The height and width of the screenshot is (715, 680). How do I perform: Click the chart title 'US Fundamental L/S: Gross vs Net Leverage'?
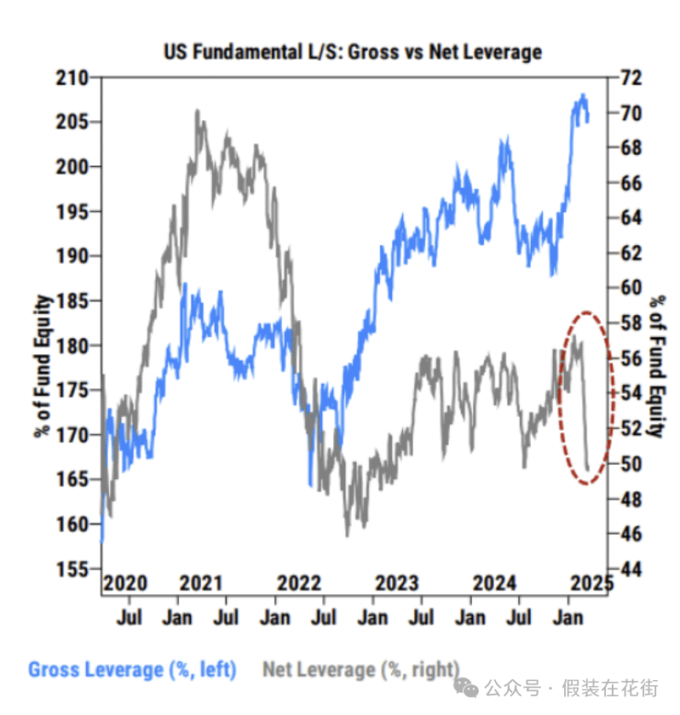[x=352, y=52]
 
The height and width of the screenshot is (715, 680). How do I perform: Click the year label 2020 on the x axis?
[x=124, y=584]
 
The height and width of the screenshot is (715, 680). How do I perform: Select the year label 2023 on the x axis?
[x=396, y=584]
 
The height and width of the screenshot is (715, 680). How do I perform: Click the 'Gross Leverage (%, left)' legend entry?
[x=132, y=669]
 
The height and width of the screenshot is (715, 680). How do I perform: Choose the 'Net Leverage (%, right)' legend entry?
[x=360, y=669]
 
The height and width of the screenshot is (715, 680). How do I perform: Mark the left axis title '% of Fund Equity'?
[x=42, y=366]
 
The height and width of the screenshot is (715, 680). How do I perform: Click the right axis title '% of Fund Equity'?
[x=655, y=366]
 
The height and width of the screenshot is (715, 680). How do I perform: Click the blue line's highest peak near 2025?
[x=583, y=95]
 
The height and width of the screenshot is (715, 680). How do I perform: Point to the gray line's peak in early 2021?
[x=198, y=111]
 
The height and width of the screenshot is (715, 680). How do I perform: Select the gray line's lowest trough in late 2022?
[x=348, y=535]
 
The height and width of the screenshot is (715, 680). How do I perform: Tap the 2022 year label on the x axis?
[x=299, y=584]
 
